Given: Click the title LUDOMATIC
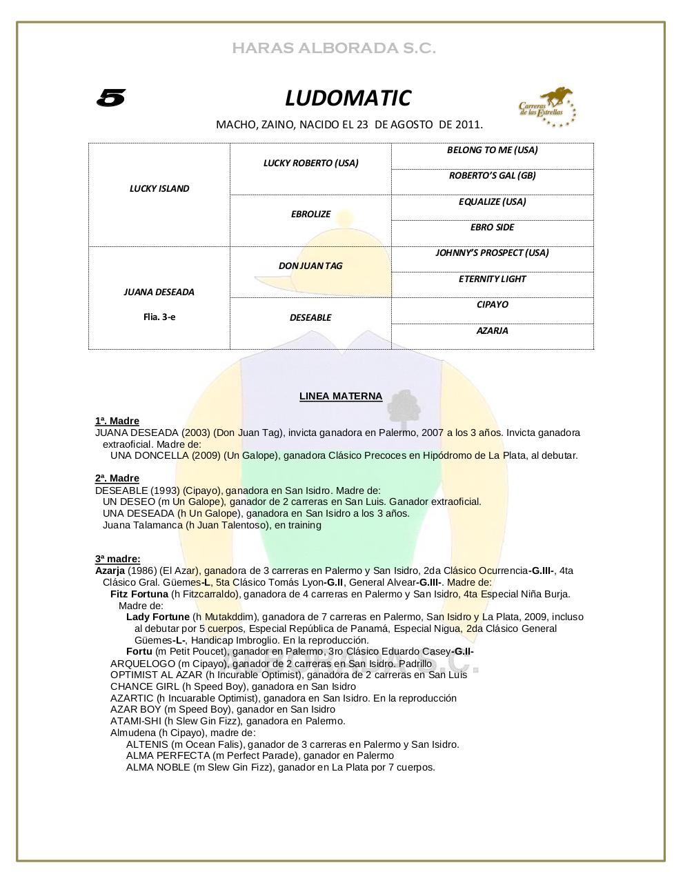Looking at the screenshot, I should (348, 99).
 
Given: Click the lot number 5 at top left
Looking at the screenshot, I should (110, 99).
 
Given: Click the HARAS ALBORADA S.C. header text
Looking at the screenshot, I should (334, 48).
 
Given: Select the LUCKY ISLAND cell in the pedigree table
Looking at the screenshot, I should (159, 188).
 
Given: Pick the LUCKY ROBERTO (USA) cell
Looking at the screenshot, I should (310, 163).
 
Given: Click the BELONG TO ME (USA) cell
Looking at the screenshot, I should (492, 150).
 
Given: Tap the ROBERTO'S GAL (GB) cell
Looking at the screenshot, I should (492, 175).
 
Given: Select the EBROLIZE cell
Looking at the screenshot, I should (310, 214).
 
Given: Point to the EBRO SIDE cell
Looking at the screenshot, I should (492, 227).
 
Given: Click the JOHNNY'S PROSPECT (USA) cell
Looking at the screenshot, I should (492, 252).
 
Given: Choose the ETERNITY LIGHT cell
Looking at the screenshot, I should (492, 279).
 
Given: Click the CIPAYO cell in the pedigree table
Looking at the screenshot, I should (492, 304).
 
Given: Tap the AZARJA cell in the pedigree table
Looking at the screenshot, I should (492, 330).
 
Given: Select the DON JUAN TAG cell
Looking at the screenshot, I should (310, 266).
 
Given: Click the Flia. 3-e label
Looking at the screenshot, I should (159, 317).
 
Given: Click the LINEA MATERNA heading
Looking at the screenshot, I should (341, 396).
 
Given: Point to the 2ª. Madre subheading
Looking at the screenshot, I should (117, 478).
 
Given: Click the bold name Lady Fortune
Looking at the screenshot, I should (157, 617).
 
